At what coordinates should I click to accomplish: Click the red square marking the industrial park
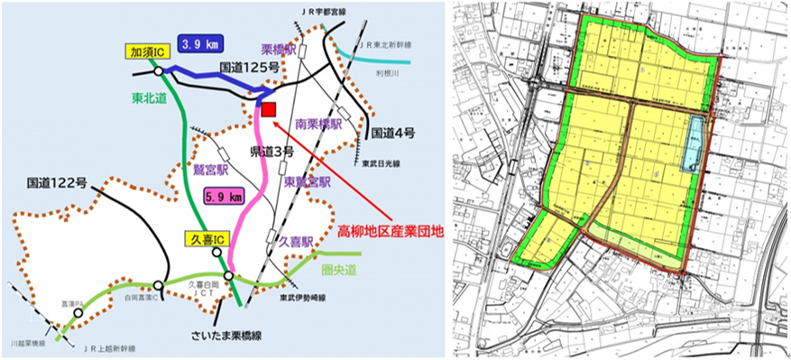[x=268, y=109]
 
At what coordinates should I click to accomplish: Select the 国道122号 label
[x=56, y=183]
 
